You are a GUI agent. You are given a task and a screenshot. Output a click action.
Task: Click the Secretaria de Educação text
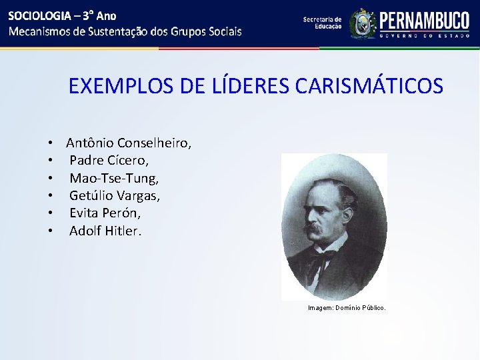322,23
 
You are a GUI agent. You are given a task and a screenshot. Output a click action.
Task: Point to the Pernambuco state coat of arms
363,23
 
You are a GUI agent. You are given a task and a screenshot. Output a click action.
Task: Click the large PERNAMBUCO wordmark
425,20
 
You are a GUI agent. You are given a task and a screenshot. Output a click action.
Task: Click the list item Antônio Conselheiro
129,143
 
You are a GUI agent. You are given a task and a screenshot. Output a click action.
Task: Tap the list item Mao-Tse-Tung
114,178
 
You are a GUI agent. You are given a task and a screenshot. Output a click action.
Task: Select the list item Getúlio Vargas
115,196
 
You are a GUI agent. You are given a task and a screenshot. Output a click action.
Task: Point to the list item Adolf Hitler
105,231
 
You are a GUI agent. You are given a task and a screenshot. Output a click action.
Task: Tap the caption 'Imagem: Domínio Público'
347,308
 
